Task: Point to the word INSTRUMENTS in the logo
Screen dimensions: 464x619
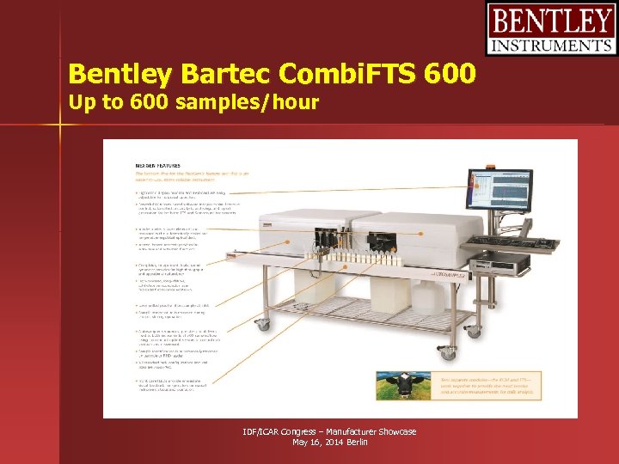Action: pos(550,46)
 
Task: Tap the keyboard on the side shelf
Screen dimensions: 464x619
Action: pos(503,241)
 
